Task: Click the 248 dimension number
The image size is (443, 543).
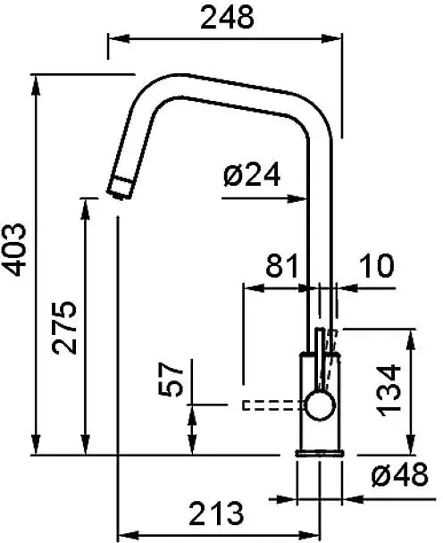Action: [x=227, y=18]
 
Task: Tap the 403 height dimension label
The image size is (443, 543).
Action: [x=14, y=249]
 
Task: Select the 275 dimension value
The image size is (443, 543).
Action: [x=64, y=328]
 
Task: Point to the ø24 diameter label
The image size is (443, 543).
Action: [x=252, y=175]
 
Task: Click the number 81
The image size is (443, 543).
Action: [x=281, y=265]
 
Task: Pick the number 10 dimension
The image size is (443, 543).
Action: [x=377, y=265]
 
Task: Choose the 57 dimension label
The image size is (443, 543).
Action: [x=171, y=380]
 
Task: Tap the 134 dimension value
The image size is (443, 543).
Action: [x=389, y=390]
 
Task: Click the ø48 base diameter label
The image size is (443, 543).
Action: [x=399, y=475]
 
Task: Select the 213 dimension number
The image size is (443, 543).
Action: [x=216, y=514]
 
